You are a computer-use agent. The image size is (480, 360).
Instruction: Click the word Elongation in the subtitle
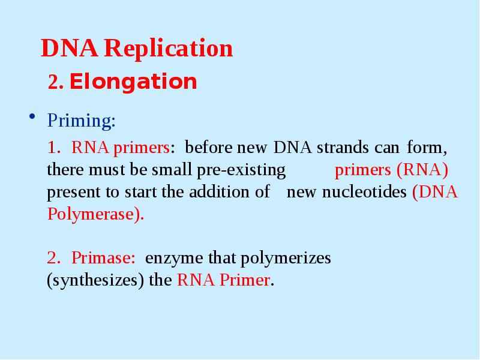point(133,82)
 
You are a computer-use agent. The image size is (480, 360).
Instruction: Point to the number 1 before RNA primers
point(54,148)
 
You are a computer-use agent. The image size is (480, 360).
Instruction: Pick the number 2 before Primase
point(54,259)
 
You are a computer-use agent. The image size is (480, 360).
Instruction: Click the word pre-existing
point(241,170)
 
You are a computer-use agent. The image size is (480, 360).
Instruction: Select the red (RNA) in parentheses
point(422,170)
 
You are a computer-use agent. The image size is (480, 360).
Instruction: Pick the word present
point(71,193)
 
